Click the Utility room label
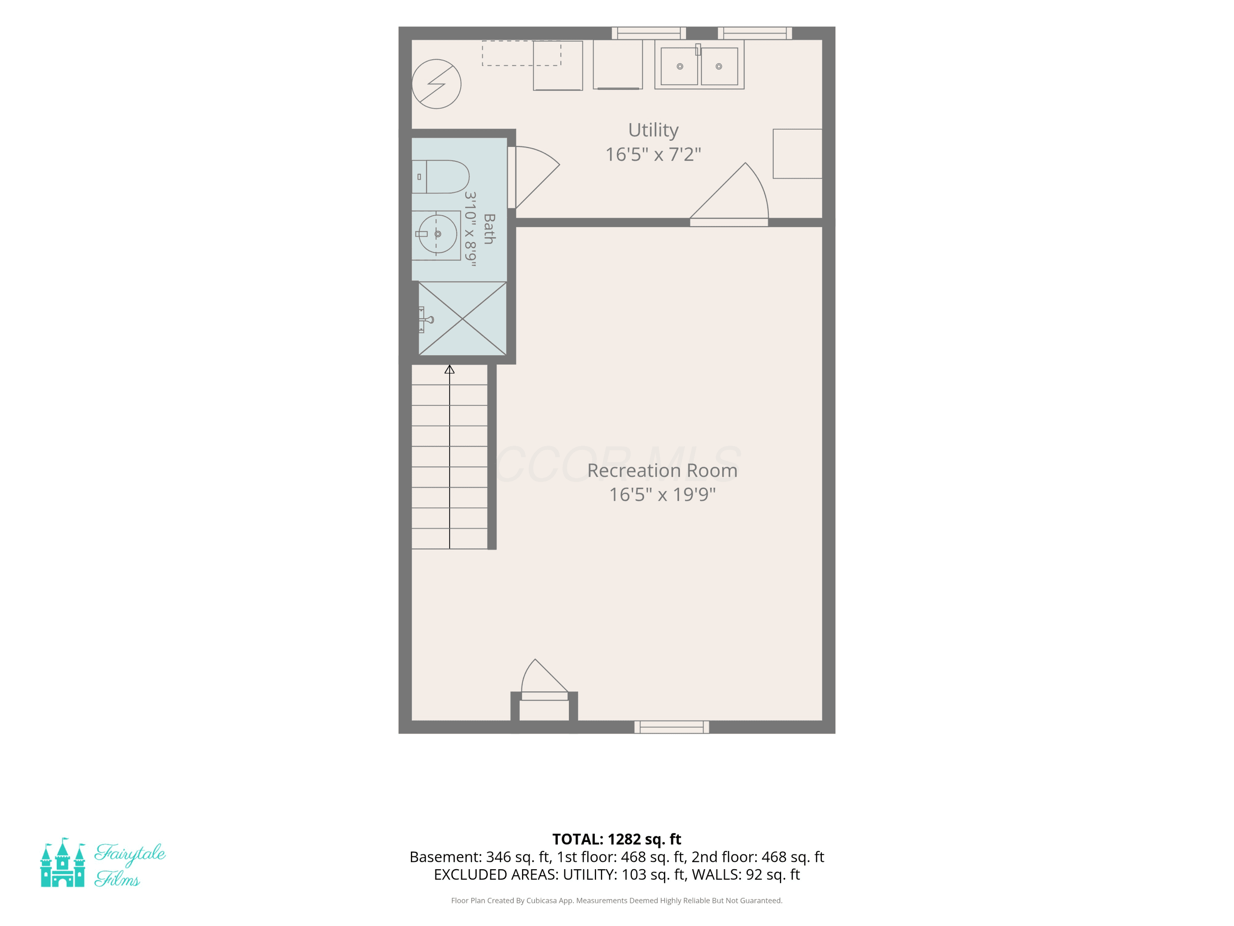653,130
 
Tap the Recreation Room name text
662,470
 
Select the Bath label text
489,229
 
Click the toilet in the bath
440,177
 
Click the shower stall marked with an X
462,319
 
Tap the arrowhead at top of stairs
450,369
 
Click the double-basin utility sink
699,65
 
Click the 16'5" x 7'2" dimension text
653,154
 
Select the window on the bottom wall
672,727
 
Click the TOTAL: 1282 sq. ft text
617,839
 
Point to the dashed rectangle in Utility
522,54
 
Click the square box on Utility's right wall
798,154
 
